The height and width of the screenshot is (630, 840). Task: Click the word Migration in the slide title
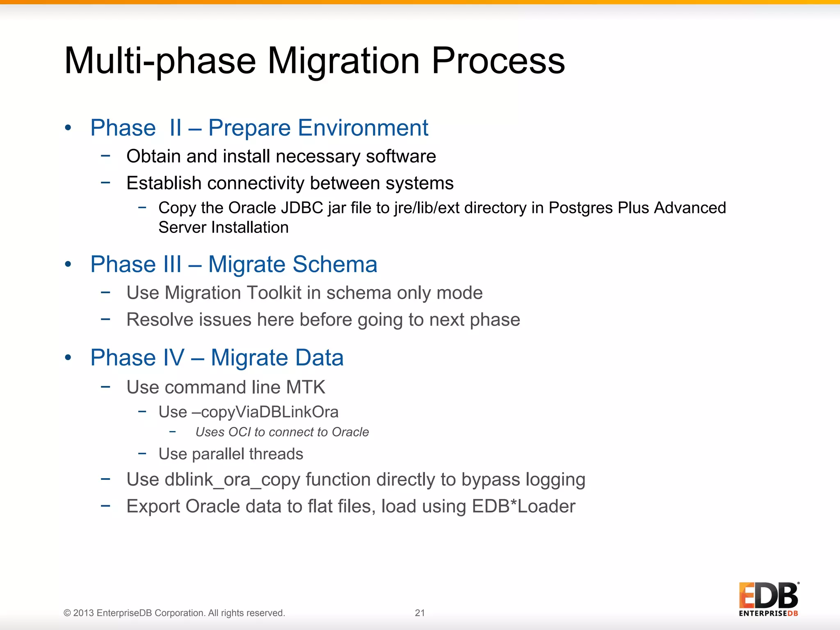[344, 62]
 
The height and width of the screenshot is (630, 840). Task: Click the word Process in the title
[498, 62]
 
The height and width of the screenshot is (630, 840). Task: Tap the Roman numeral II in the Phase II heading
[176, 128]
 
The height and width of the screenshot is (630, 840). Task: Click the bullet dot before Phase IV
[68, 358]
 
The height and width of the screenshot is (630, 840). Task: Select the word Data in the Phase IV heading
[319, 358]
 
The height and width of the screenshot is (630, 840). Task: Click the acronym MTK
[306, 388]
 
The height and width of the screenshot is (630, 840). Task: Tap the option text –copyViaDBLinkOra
[265, 412]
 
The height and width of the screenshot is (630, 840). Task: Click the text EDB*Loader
[523, 507]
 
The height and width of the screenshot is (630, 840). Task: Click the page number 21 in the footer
[420, 613]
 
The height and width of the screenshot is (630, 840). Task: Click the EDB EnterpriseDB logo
[768, 599]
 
